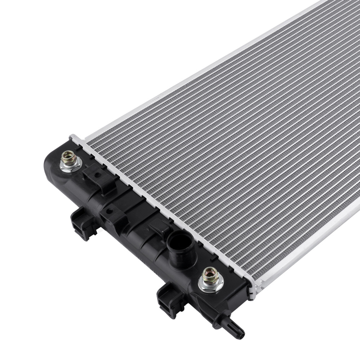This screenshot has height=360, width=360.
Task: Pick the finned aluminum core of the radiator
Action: tap(234, 144)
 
